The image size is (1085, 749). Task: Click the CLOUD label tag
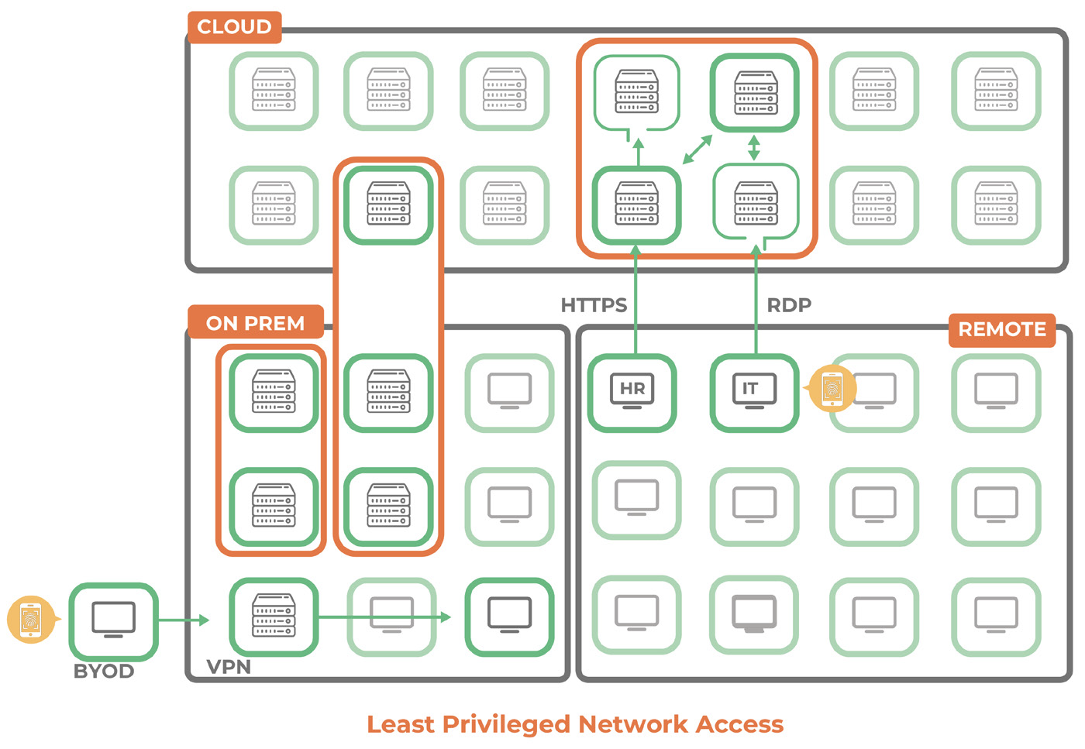click(x=234, y=27)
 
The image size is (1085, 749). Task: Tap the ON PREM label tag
click(x=255, y=323)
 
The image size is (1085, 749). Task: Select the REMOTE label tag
click(x=1001, y=329)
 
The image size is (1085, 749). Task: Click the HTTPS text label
click(x=594, y=305)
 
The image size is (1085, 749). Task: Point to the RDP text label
click(x=789, y=305)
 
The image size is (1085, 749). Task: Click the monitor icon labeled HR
click(x=632, y=392)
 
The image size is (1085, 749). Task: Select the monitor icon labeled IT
click(x=754, y=392)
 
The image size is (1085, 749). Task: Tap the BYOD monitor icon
click(x=113, y=620)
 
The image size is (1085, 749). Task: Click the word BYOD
click(x=104, y=672)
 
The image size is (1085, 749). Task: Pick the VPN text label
click(x=229, y=667)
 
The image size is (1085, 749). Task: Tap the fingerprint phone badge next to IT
click(x=832, y=388)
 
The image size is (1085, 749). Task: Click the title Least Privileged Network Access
click(x=575, y=724)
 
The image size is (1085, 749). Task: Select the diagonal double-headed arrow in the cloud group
click(x=697, y=149)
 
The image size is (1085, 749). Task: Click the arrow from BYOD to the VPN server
click(x=184, y=620)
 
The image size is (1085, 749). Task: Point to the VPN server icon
click(x=274, y=617)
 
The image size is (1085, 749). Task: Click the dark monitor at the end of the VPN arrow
click(x=509, y=617)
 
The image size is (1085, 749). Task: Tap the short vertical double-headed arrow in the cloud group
click(x=754, y=147)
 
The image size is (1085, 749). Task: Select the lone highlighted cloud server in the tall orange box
click(x=388, y=204)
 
